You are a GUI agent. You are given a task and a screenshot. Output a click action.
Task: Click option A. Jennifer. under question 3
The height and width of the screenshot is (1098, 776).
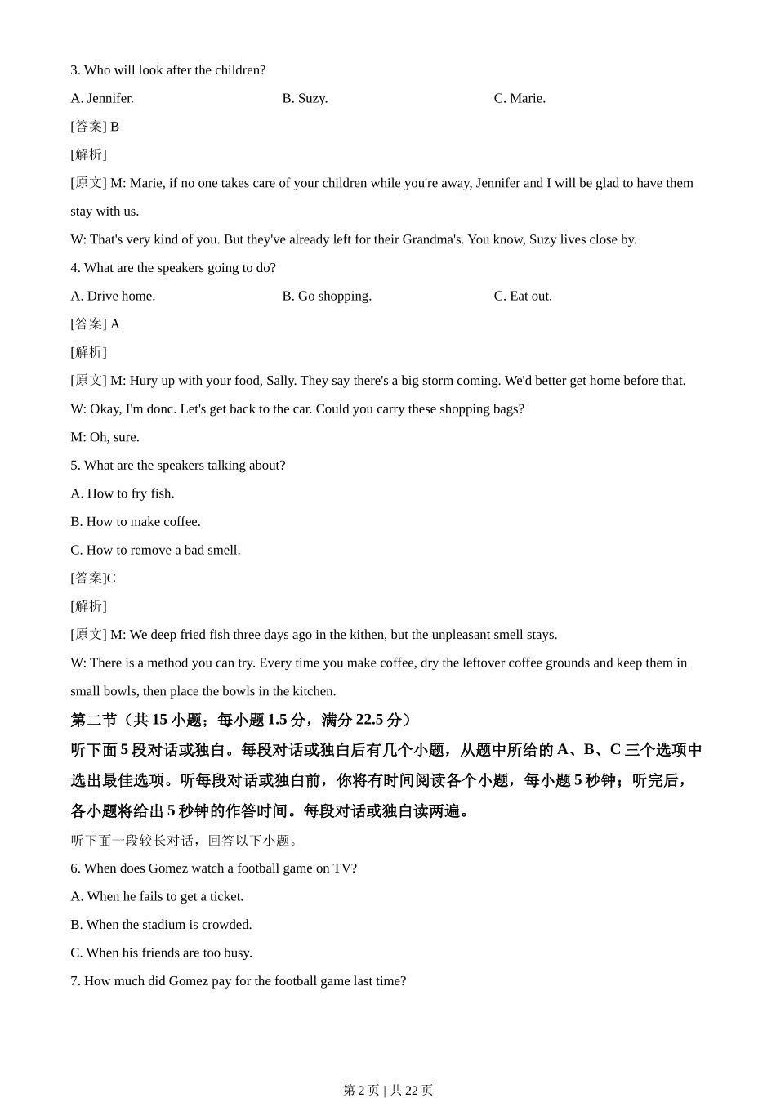102,99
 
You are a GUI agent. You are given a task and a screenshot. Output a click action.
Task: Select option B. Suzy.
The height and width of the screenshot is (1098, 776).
305,99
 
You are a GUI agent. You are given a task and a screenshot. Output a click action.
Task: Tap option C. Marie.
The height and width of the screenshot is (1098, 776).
520,99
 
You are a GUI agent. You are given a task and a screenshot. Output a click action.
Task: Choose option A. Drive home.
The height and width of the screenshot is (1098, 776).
113,297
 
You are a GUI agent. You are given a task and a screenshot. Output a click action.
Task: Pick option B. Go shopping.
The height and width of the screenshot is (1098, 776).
327,297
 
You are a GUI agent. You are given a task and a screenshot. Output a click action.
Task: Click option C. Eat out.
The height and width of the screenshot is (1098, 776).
523,297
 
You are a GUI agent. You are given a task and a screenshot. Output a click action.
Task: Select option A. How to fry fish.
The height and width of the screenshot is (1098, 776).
123,494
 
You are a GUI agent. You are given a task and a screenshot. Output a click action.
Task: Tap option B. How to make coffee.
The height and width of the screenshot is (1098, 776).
136,522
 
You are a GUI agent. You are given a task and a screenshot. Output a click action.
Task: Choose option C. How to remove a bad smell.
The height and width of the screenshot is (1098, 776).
155,551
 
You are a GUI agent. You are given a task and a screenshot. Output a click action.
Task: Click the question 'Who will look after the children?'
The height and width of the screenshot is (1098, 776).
168,70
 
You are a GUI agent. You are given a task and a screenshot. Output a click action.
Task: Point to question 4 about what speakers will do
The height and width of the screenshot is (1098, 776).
173,268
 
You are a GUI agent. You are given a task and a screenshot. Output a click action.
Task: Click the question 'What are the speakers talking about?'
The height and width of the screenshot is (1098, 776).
178,466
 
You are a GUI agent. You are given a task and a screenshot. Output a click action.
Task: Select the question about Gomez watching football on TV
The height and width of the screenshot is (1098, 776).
214,868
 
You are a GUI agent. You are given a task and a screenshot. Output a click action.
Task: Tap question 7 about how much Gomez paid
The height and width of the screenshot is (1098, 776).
239,981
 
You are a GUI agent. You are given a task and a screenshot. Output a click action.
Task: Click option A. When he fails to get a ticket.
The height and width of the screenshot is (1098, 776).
157,897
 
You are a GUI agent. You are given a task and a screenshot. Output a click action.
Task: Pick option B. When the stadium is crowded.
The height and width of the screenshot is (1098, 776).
161,925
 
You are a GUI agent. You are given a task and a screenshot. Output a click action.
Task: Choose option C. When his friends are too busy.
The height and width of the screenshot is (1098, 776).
161,953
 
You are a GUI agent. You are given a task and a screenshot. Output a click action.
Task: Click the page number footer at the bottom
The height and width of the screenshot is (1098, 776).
388,1090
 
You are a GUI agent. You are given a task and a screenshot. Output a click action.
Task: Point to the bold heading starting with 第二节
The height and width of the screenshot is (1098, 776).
242,720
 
